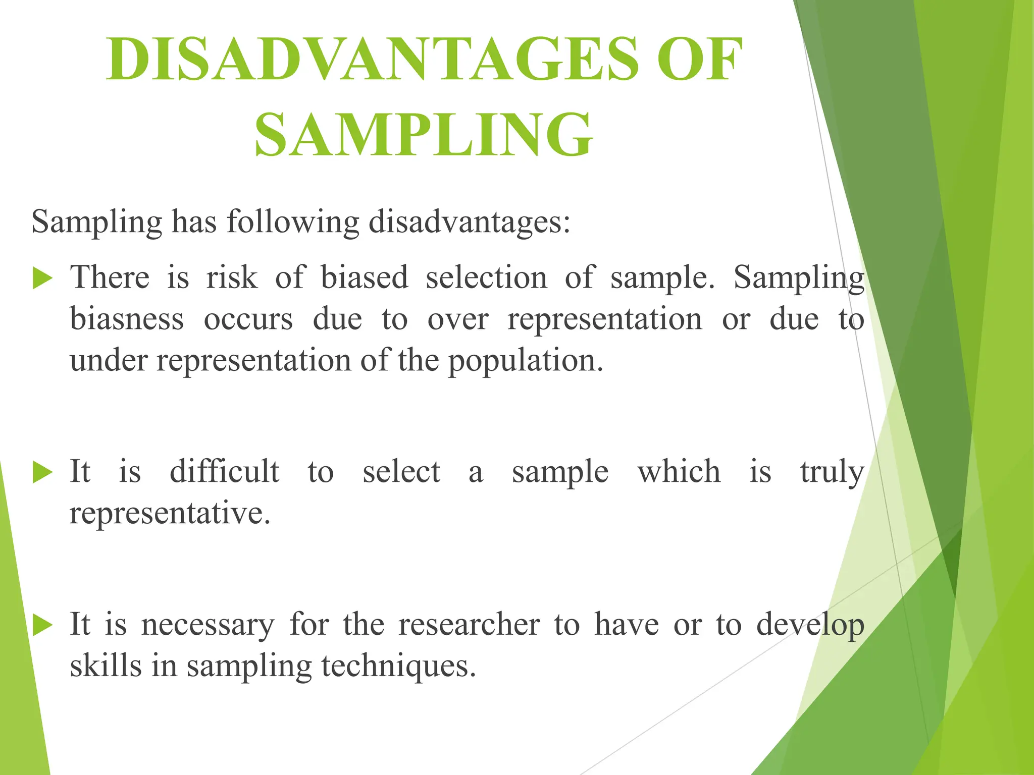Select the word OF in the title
coord(700,60)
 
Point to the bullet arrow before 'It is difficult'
coord(42,473)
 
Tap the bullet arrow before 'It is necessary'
coord(42,626)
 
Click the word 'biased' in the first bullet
coord(365,278)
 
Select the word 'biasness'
coord(127,320)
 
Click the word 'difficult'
coord(224,472)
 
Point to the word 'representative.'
coord(170,514)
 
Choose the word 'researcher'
coord(469,625)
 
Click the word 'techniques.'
coord(399,667)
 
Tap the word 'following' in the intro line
coord(293,222)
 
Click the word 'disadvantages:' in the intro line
coord(470,222)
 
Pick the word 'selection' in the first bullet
coord(486,278)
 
